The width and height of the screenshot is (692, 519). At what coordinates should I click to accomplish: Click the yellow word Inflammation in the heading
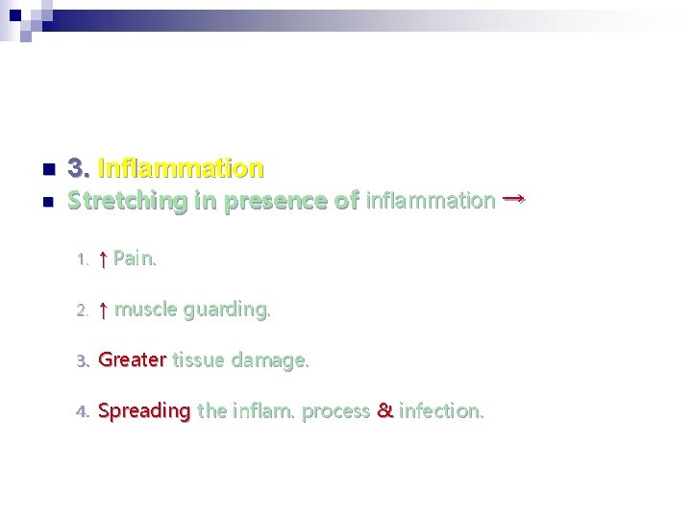point(181,169)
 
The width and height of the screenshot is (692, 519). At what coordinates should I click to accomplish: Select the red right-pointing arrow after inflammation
point(513,198)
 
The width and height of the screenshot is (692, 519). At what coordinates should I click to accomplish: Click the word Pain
point(135,259)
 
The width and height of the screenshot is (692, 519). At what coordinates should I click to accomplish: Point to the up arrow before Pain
point(103,259)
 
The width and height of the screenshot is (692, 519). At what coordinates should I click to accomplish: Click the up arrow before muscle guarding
point(103,309)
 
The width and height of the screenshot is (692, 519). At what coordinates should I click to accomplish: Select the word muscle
point(145,309)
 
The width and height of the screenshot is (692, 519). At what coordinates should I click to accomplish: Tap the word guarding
point(227,309)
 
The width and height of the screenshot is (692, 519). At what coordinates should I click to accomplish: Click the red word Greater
point(133,360)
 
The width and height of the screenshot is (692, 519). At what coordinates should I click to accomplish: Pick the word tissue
point(198,360)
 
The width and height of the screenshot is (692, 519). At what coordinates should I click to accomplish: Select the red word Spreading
point(144,411)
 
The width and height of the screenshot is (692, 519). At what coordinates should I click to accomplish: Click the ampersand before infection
point(384,411)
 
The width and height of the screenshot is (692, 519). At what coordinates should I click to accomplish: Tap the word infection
point(441,411)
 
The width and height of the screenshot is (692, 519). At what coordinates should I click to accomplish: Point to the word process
point(335,411)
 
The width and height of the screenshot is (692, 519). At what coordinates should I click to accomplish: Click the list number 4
point(82,412)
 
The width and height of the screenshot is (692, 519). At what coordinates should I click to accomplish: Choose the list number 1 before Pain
point(82,259)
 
